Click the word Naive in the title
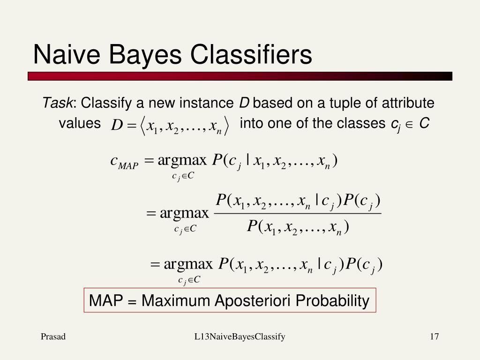66,54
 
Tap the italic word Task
58,103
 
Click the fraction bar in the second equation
297,214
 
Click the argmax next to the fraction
185,214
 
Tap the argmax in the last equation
188,264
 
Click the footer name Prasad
53,337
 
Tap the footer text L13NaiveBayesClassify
240,337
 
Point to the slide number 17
434,337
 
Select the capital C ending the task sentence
424,123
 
